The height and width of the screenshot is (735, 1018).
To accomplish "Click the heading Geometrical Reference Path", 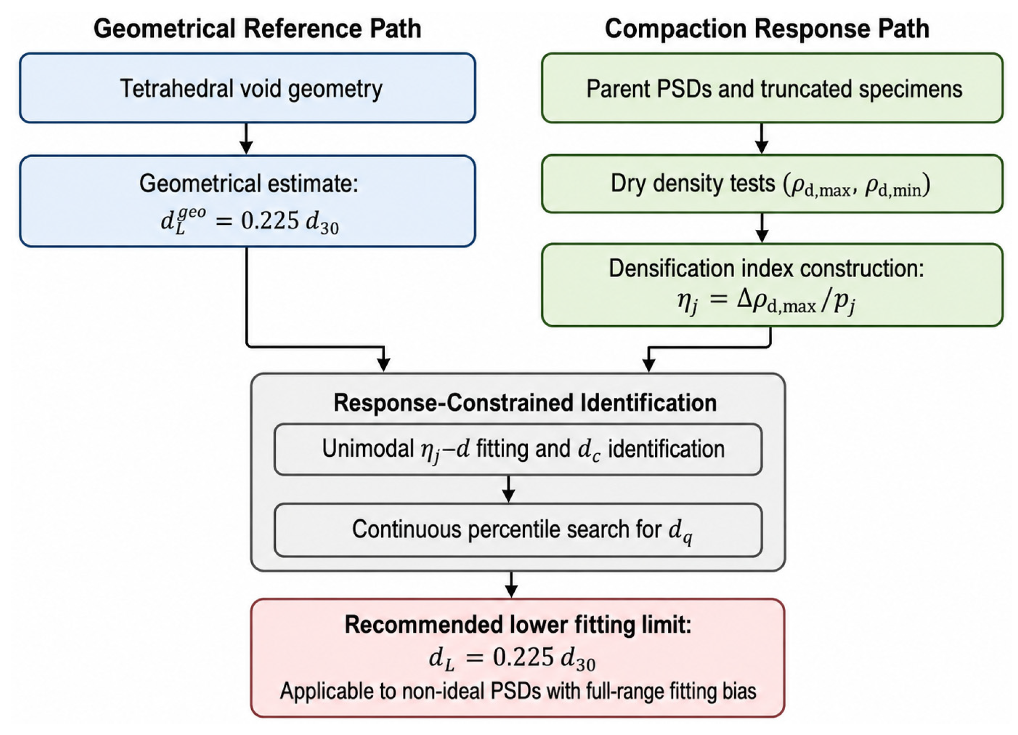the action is pos(257,28).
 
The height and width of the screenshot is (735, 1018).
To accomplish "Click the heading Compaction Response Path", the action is pos(767,28).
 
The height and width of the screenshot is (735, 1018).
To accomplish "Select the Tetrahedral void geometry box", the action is pos(247,88).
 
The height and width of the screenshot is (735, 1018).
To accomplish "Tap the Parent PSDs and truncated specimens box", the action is pos(772,88).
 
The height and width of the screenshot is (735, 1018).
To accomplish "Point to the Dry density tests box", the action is pos(772,184).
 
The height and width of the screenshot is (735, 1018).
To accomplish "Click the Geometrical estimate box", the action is pos(247,201).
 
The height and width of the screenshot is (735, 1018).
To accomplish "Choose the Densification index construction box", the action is pos(772,285).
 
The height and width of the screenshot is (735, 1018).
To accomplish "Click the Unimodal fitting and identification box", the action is pos(518,450).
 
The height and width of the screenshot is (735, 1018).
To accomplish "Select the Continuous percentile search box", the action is pos(518,530).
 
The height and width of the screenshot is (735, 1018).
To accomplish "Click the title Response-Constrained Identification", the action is pos(525,403).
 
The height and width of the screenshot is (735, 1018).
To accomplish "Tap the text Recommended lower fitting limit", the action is pos(518,625).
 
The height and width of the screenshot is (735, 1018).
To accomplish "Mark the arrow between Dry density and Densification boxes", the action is pos(762,228).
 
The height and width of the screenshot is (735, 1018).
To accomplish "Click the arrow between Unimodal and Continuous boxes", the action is pos(508,489).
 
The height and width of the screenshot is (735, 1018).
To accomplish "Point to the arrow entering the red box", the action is pos(511,585).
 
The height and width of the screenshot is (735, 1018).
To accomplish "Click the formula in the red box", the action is pos(512,659).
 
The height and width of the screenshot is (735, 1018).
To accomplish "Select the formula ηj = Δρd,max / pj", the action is pos(766,301).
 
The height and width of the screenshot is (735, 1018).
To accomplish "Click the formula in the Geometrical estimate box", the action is pos(250,221).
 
